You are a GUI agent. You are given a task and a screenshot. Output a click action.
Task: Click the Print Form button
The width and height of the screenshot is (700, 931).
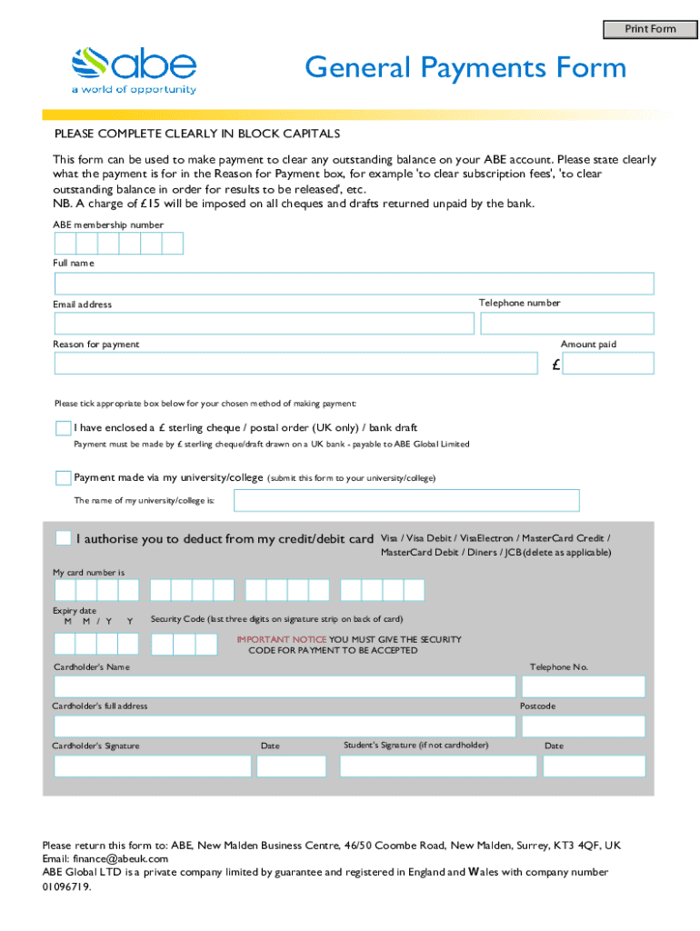649,29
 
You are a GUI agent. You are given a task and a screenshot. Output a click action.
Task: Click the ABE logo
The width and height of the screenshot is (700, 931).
134,69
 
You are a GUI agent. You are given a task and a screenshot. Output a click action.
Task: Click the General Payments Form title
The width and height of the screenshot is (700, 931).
465,68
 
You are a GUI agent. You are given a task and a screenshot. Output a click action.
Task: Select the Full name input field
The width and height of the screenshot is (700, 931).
354,284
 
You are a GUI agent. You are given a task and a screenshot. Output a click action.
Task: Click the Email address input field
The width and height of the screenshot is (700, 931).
264,324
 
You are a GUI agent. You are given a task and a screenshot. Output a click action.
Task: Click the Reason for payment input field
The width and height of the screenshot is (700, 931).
295,364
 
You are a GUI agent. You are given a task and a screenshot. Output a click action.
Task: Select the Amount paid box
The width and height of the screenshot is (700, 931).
607,364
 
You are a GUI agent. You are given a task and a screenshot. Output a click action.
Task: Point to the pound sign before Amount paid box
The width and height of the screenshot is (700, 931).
555,365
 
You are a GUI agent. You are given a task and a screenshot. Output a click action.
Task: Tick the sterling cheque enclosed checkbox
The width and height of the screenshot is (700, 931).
63,427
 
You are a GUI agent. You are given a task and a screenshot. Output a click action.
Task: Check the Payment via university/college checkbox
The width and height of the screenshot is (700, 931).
63,477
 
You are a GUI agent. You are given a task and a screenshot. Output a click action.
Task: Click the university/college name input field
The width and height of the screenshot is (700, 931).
406,501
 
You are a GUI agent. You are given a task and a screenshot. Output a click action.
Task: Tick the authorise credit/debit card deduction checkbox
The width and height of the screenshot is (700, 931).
63,538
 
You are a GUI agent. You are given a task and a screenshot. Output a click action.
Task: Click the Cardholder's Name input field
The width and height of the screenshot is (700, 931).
284,686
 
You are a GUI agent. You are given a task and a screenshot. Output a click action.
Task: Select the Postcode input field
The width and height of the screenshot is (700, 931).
582,726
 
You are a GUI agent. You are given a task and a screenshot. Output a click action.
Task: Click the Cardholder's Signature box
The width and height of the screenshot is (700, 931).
153,766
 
